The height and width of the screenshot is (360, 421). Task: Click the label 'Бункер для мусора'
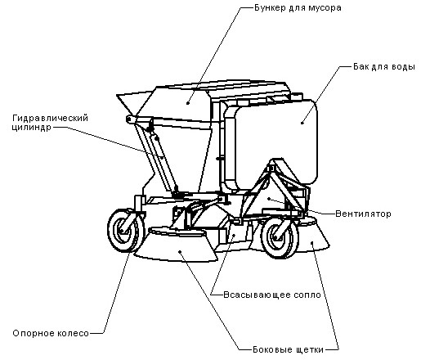298,7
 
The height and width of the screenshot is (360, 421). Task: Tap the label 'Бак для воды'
384,67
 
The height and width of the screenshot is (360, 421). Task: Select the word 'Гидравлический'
51,118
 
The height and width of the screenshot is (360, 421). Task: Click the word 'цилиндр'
32,128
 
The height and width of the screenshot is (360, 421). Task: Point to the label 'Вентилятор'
363,214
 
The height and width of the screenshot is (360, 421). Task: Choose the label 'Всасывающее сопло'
272,295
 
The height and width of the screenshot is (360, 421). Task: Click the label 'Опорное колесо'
51,333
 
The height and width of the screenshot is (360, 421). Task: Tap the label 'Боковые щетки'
288,349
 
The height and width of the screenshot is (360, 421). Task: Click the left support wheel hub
122,231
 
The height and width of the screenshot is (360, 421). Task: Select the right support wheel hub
277,236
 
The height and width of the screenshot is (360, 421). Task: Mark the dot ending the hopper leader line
187,103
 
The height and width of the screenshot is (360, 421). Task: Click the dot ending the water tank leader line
302,123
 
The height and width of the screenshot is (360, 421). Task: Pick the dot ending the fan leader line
269,199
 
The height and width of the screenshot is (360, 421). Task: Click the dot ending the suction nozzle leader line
233,235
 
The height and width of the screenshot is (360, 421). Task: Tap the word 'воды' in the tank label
403,67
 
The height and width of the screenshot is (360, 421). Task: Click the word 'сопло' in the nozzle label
307,295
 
